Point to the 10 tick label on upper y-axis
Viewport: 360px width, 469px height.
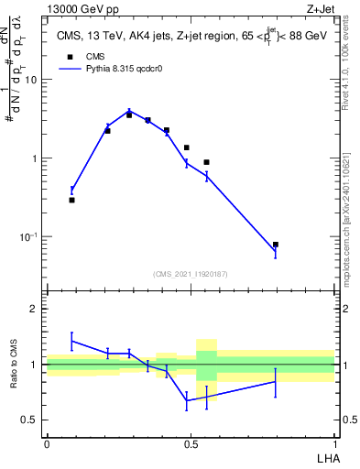point(31,80)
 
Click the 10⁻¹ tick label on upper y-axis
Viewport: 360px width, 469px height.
point(27,236)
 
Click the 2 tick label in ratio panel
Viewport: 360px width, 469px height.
point(36,309)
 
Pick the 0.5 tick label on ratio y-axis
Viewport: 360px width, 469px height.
point(31,420)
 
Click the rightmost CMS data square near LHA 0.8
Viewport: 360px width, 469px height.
point(276,245)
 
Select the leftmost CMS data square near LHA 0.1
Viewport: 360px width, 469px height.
point(71,200)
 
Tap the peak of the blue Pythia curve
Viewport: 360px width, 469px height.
point(129,111)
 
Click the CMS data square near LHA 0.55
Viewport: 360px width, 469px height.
point(207,162)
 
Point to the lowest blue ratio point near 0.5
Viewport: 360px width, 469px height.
point(187,400)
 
